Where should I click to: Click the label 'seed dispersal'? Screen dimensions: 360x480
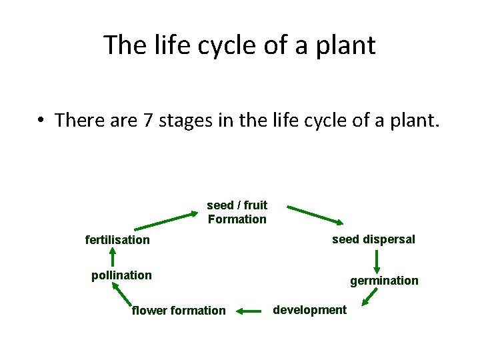tap(373, 239)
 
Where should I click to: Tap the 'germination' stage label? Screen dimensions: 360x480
tap(384, 281)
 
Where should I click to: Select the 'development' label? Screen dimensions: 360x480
tap(310, 309)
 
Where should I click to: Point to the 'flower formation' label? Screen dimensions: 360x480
tap(179, 310)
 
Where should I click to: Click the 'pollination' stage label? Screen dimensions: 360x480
tap(121, 275)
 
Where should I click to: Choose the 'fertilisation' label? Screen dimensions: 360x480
tap(117, 240)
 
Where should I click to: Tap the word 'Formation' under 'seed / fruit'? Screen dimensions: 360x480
tap(237, 219)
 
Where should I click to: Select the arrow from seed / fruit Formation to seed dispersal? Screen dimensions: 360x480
tap(315, 216)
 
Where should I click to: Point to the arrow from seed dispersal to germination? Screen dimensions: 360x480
tap(377, 262)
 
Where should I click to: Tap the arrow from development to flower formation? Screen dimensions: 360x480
tap(248, 310)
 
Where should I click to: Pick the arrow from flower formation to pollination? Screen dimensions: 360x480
tap(122, 295)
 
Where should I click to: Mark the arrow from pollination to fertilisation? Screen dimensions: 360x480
tap(113, 257)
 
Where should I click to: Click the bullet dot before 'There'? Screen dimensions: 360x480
tap(42, 121)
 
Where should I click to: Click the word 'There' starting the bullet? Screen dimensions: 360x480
tap(79, 121)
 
